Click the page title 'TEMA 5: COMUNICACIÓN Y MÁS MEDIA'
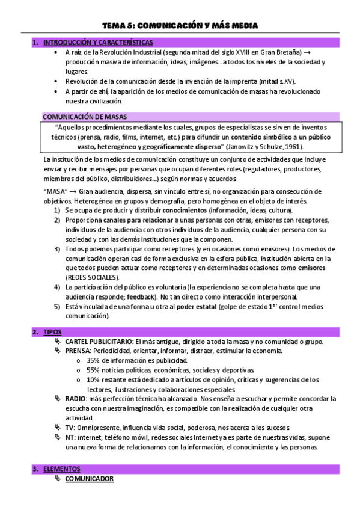click(180, 25)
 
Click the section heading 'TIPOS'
click(52, 332)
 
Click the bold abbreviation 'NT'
click(70, 437)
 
